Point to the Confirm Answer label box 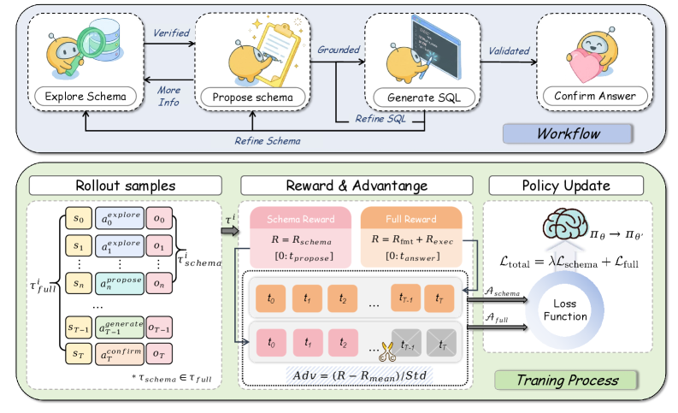(593, 97)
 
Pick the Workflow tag (568, 134)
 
